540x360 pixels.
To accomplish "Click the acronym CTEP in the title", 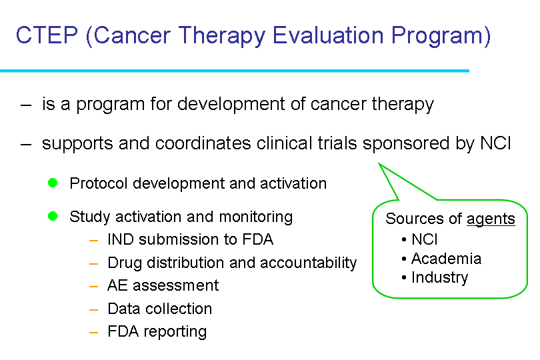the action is pos(47,35).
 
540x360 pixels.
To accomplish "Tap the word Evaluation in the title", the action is pos(328,35).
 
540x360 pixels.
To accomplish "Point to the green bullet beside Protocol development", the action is pos(53,183).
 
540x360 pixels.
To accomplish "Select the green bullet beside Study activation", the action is pos(53,216).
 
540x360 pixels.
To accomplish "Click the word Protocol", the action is pos(99,183).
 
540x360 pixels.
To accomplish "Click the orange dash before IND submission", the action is pos(94,241).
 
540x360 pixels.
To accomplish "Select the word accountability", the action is pos(308,263).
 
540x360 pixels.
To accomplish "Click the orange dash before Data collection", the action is pos(94,310).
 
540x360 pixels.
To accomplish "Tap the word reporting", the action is pos(175,332).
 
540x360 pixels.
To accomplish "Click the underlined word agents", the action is pos(491,219).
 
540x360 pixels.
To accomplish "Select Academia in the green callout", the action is pos(446,259).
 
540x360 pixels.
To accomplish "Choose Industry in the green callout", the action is pos(440,277).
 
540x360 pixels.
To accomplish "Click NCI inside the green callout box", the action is pos(425,239).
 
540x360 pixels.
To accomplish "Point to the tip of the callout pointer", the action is pos(379,163).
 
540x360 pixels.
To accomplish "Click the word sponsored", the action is pos(406,144).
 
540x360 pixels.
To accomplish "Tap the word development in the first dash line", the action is pos(231,105).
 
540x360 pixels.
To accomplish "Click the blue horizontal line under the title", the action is pos(235,71).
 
